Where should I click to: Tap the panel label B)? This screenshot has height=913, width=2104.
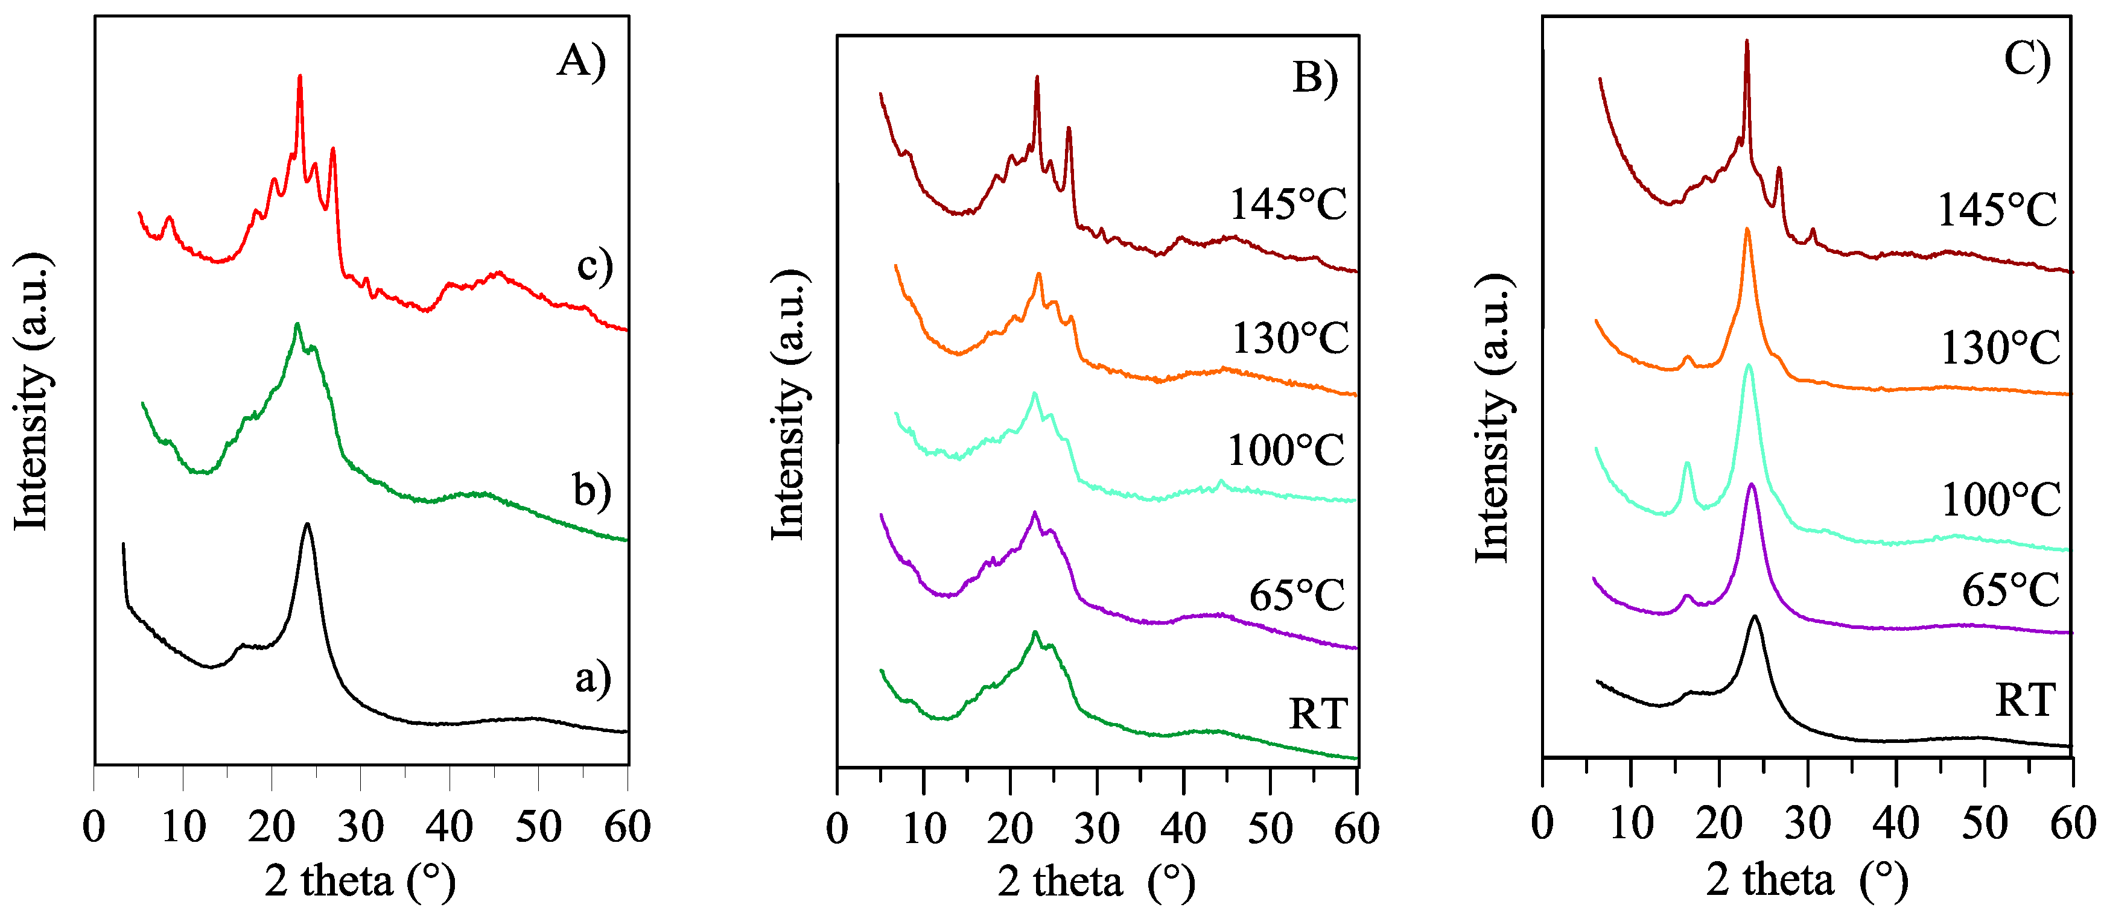[1315, 79]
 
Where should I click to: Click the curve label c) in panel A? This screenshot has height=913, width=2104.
[594, 266]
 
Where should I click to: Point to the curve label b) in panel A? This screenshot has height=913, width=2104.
[591, 491]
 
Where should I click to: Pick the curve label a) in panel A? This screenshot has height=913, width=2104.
[592, 678]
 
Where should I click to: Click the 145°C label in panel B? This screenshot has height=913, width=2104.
[1288, 204]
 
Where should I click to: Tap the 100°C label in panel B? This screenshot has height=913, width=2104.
[1286, 450]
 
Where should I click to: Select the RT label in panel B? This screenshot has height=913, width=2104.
[1317, 714]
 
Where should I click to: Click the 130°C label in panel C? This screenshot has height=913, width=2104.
[2000, 349]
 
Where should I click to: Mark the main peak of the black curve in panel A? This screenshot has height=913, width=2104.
[307, 526]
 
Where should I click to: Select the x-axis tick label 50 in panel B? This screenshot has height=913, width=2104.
[1270, 829]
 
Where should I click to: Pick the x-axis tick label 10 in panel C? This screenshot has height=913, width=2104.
[1631, 823]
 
